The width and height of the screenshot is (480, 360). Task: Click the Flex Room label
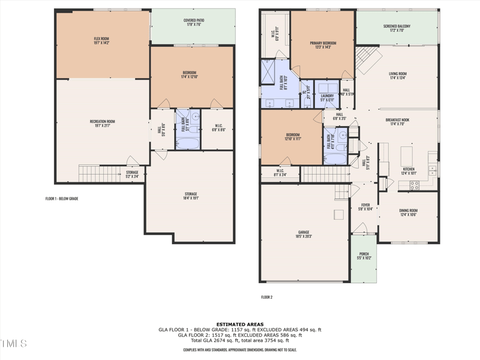[101, 40]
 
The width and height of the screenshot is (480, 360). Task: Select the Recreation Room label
[102, 124]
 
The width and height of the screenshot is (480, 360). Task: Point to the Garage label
[304, 235]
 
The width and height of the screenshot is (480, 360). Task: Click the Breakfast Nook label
[397, 122]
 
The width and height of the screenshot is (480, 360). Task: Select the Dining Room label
[408, 212]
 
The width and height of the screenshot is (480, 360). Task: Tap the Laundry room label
[327, 98]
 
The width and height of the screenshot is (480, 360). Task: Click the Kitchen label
[408, 171]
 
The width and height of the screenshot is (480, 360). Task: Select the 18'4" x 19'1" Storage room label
[191, 196]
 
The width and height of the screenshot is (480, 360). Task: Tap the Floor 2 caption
[266, 297]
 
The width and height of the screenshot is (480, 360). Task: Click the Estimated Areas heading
[240, 324]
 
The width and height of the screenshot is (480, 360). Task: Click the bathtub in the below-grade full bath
[187, 143]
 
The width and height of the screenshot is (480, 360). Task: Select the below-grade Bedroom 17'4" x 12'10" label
[190, 76]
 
